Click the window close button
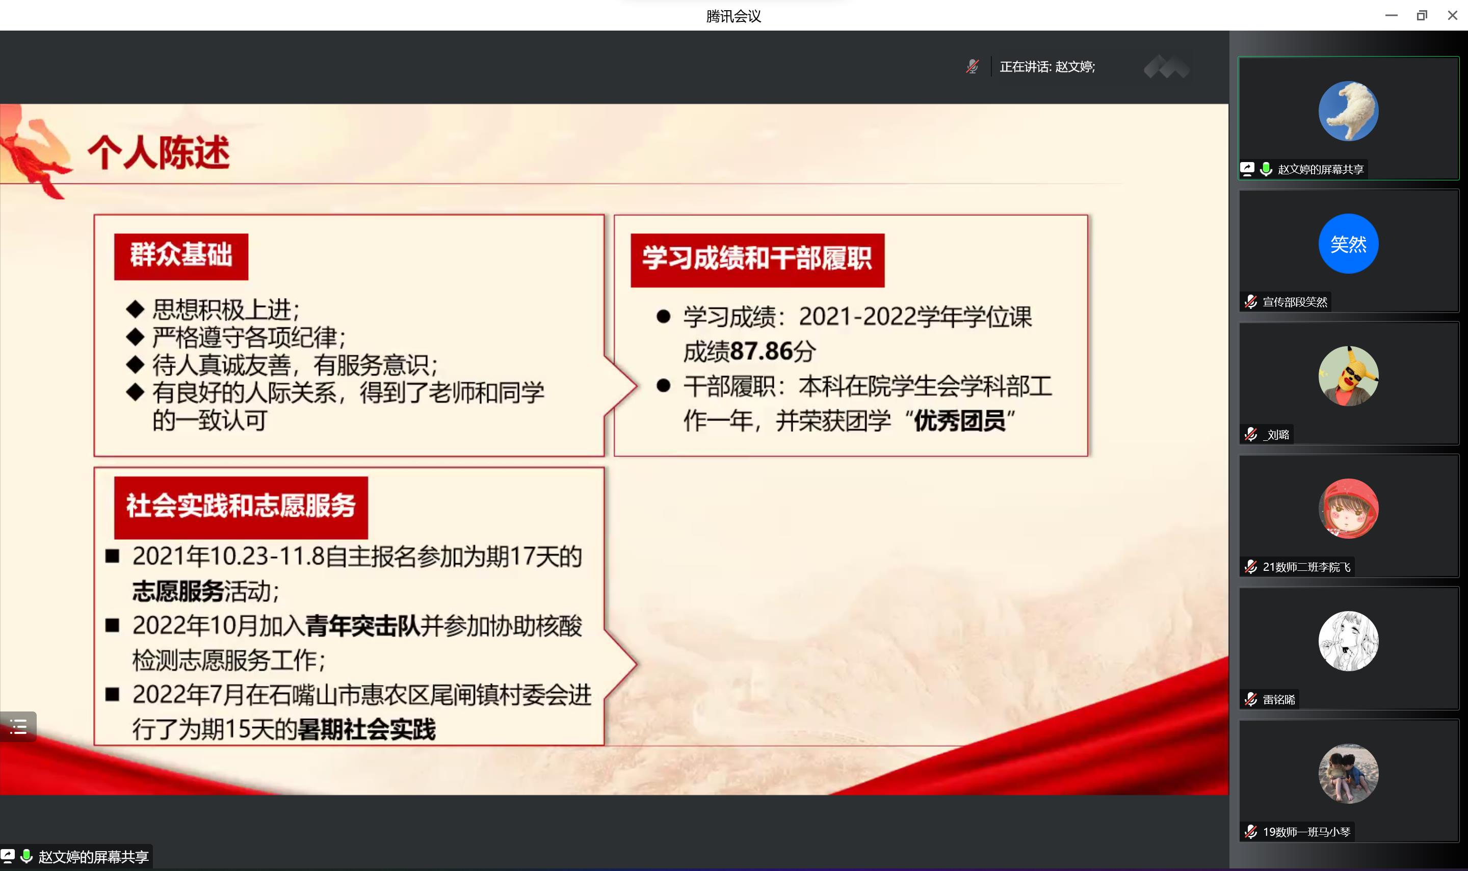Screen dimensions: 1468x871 [x=1452, y=15]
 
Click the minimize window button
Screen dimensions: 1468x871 [x=1391, y=16]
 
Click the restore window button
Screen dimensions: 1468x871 [x=1422, y=15]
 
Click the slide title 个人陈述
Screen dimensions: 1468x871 [x=159, y=152]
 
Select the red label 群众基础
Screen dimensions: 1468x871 [x=181, y=256]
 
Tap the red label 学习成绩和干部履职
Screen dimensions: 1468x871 [x=757, y=260]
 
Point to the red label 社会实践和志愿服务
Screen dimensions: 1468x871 [x=241, y=507]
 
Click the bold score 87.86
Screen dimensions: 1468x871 [x=762, y=352]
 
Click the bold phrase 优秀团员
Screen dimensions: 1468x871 [x=959, y=421]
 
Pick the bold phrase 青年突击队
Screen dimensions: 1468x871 [x=363, y=626]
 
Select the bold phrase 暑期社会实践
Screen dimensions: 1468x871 [x=366, y=729]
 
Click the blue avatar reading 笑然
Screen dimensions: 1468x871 [x=1348, y=244]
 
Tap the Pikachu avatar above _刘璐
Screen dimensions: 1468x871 [x=1348, y=376]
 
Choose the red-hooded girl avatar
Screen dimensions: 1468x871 [x=1348, y=508]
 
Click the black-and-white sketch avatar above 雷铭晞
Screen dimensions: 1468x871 [x=1348, y=641]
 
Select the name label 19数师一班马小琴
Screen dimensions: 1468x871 [x=1306, y=832]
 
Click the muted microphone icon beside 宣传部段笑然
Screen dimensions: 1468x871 [x=1251, y=302]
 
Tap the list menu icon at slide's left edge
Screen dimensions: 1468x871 [x=18, y=727]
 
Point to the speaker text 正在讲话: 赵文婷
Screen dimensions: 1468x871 [x=1047, y=67]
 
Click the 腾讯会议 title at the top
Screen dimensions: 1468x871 [x=733, y=16]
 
